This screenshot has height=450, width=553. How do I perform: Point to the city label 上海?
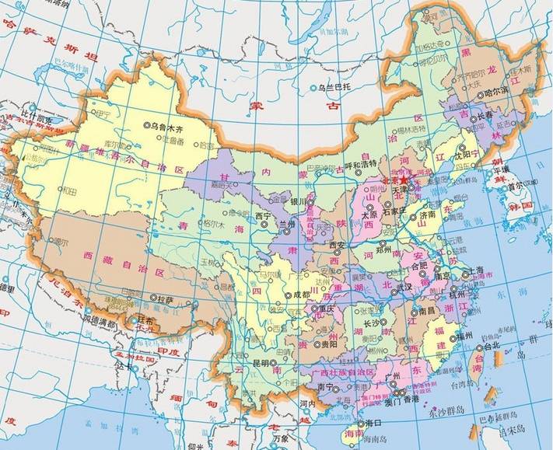click(478, 270)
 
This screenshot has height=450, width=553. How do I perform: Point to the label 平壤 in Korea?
click(516, 169)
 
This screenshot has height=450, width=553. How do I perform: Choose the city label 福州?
click(465, 336)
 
